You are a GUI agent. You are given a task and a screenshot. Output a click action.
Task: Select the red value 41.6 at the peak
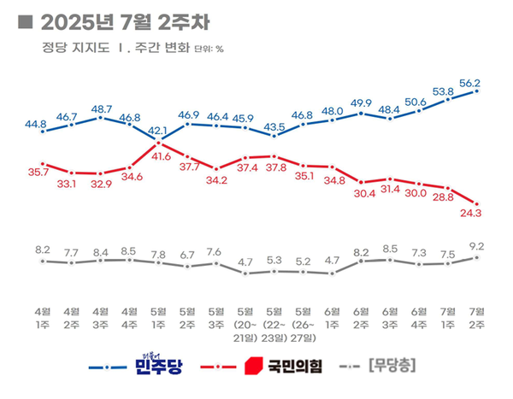[159, 156]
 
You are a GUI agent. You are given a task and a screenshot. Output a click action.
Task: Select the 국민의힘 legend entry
[279, 367]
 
